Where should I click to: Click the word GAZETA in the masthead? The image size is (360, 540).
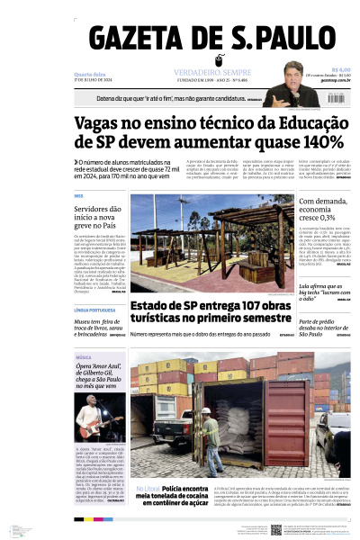click(136, 41)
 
